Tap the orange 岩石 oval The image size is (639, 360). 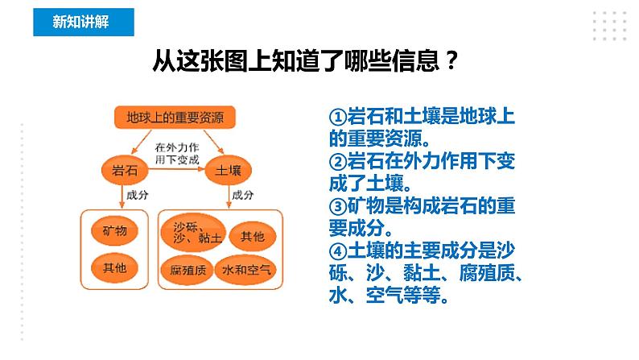(121, 170)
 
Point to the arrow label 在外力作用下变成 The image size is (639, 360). (175, 151)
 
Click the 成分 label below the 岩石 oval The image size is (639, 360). (135, 195)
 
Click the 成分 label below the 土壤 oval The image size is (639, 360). (242, 195)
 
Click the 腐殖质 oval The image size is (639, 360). (188, 269)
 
